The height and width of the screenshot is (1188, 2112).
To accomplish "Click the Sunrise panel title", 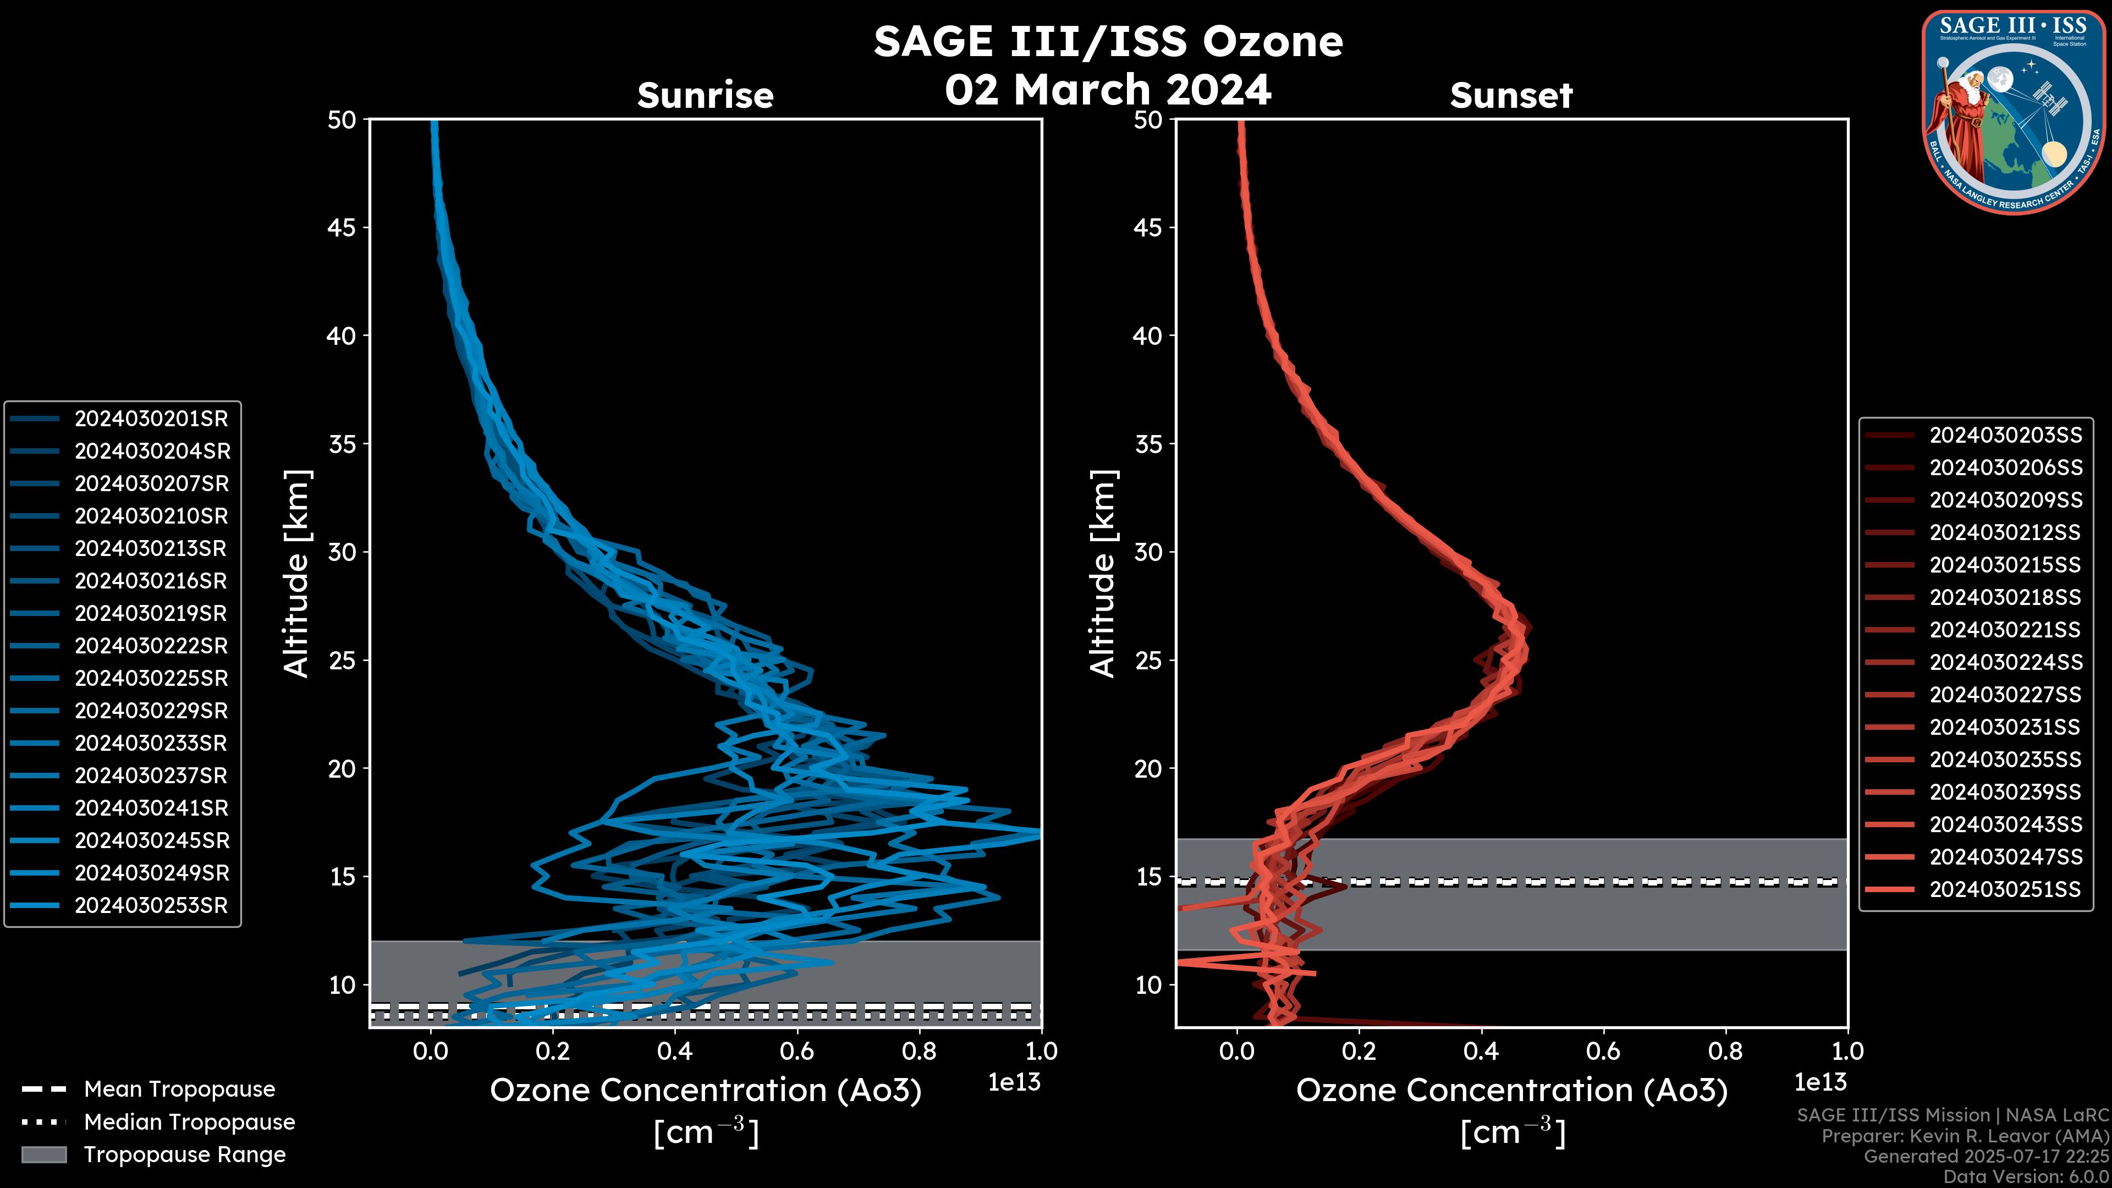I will pos(705,95).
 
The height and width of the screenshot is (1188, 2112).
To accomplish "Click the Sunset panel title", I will pos(1511,95).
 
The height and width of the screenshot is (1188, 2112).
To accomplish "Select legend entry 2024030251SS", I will pos(2005,889).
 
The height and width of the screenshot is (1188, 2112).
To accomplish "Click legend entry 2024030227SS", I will pos(2005,695).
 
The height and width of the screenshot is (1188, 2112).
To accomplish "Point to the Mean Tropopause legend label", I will pos(179,1089).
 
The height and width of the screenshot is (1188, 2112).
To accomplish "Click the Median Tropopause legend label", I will pos(189,1121).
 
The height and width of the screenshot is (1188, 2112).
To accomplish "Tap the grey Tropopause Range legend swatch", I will pos(43,1154).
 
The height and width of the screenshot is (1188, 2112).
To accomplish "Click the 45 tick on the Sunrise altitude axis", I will pos(342,227).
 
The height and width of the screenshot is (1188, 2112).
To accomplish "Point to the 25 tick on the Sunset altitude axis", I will pos(1148,660).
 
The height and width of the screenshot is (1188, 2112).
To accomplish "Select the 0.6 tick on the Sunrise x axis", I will pos(797,1050).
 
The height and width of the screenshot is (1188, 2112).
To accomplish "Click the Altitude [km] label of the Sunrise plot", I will pos(296,573).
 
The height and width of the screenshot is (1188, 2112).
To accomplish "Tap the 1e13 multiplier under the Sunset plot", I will pos(1820,1082).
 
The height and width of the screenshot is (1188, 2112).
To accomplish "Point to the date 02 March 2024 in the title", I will pos(1108,89).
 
